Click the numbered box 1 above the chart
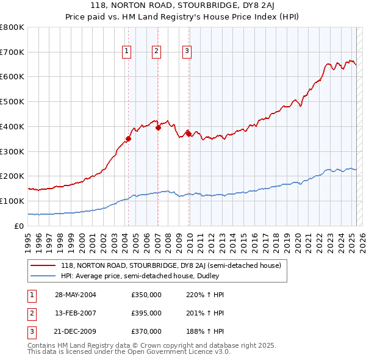[x=127, y=51]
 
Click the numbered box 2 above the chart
[x=157, y=51]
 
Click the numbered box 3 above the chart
[x=187, y=51]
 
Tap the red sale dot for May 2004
[x=128, y=139]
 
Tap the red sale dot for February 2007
[x=158, y=128]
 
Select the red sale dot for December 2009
[x=189, y=134]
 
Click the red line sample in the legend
[x=43, y=266]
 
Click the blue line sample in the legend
[x=43, y=276]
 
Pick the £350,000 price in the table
[x=146, y=295]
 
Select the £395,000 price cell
[x=146, y=313]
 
